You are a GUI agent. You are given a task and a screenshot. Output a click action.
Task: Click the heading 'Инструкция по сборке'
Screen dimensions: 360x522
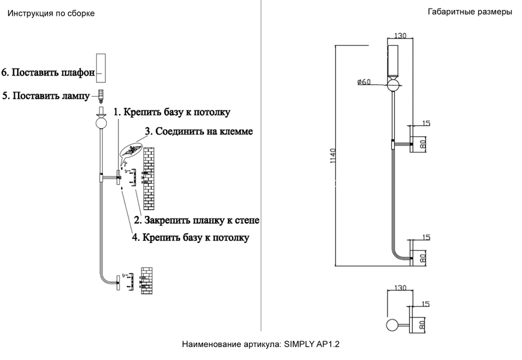(x=51, y=14)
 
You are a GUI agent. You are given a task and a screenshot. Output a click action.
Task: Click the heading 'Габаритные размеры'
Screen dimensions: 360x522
(x=469, y=12)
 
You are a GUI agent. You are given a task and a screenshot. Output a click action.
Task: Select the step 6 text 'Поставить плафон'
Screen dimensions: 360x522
(x=48, y=73)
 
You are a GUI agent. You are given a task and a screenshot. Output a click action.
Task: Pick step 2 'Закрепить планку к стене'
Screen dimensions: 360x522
(x=197, y=220)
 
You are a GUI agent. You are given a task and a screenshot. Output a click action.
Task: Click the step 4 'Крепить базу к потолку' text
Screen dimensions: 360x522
(x=190, y=238)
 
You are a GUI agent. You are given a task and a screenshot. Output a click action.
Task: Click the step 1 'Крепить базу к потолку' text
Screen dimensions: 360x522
(x=172, y=112)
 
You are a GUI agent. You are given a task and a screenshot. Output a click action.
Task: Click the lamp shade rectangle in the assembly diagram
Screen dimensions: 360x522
(x=101, y=67)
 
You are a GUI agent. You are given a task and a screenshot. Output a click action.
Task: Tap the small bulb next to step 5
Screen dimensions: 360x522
(x=101, y=95)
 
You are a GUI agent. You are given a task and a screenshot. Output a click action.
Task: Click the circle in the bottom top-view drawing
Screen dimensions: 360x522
(x=391, y=326)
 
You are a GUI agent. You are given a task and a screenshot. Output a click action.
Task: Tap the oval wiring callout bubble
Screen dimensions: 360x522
(x=130, y=150)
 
